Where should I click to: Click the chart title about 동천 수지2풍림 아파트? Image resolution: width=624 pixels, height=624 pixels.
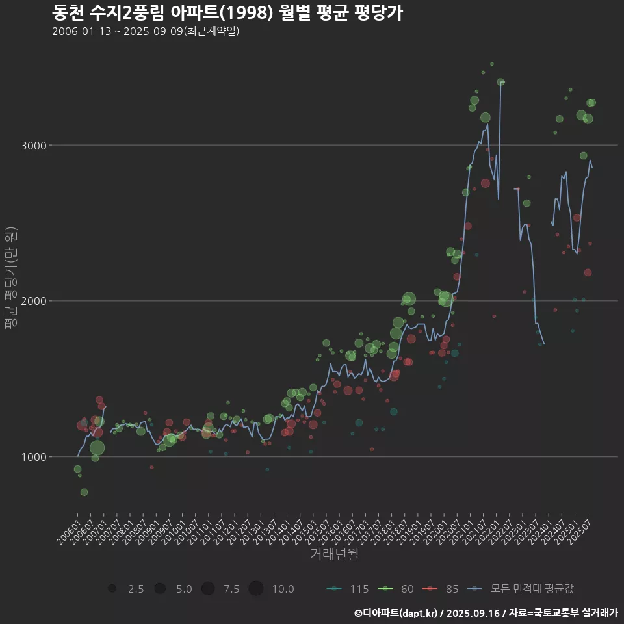point(227,12)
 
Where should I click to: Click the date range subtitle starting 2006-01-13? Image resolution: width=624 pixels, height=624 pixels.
point(146,31)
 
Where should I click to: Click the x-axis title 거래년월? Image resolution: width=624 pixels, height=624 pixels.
point(334,554)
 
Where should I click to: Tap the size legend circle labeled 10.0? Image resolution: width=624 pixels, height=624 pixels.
point(255,589)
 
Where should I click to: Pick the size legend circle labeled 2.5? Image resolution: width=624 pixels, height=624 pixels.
point(112,589)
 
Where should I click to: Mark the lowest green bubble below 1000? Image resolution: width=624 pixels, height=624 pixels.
point(84,492)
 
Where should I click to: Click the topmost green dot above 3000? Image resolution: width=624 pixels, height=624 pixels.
point(492,64)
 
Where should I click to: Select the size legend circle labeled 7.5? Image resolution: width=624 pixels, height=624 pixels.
point(208,589)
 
